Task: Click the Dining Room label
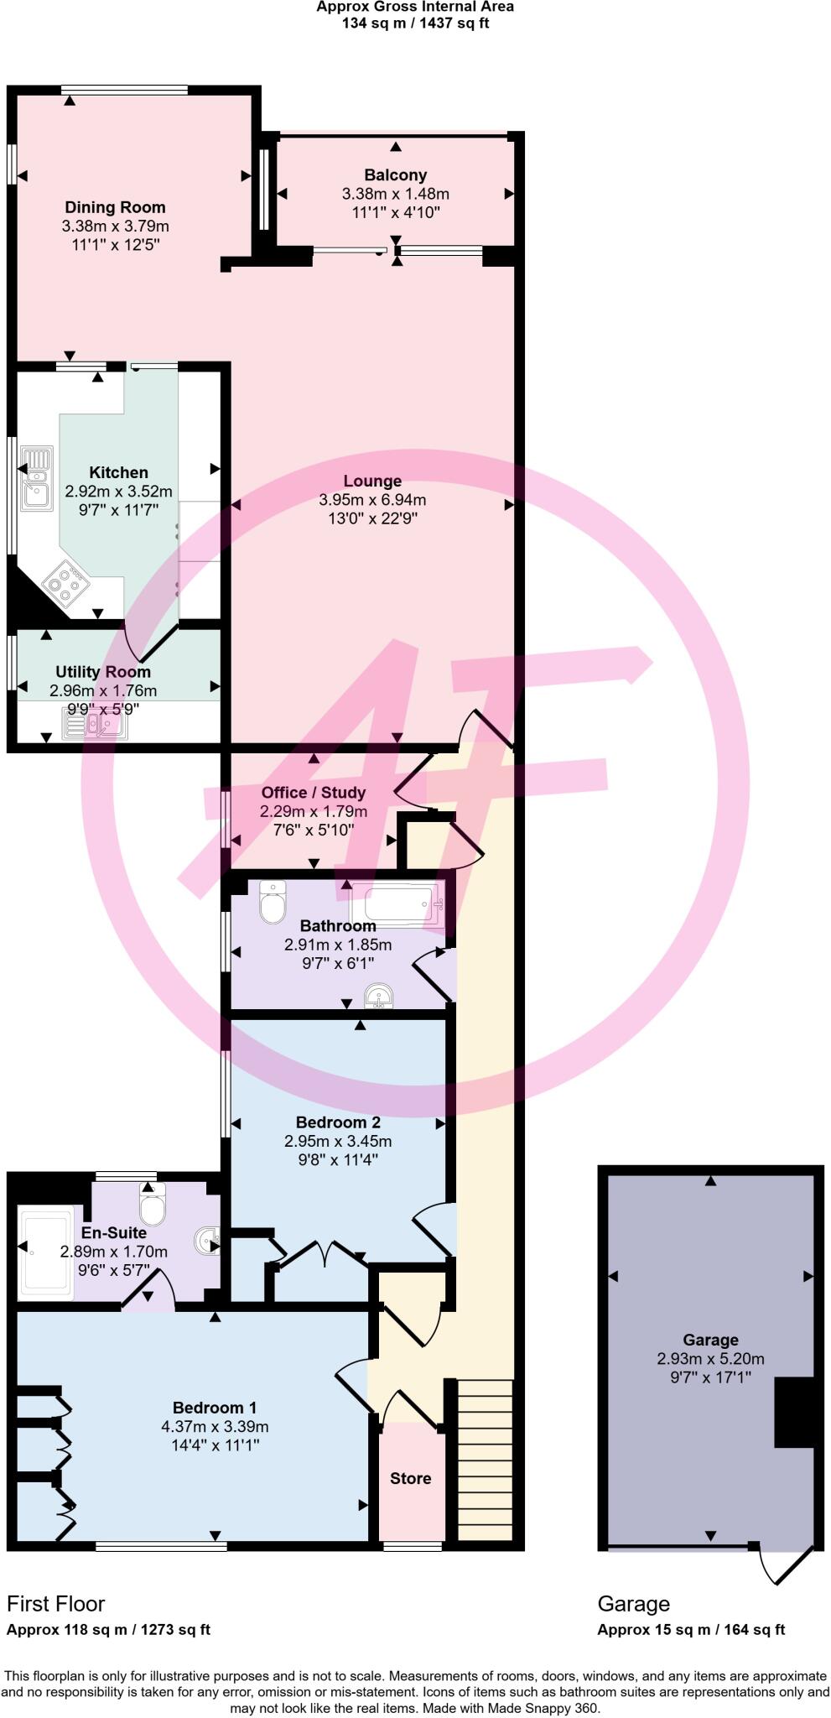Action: [115, 207]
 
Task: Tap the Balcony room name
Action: [395, 174]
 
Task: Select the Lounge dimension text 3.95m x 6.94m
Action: [372, 500]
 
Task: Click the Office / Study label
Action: [313, 792]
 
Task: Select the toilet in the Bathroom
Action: [273, 901]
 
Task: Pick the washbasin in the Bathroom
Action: [378, 997]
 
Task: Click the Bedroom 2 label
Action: [337, 1122]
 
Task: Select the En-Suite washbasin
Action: [207, 1240]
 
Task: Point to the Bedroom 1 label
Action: [215, 1408]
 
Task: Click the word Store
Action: [410, 1478]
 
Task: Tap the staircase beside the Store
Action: [485, 1459]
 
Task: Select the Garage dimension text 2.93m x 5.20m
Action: [710, 1358]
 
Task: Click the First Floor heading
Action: [56, 1604]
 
